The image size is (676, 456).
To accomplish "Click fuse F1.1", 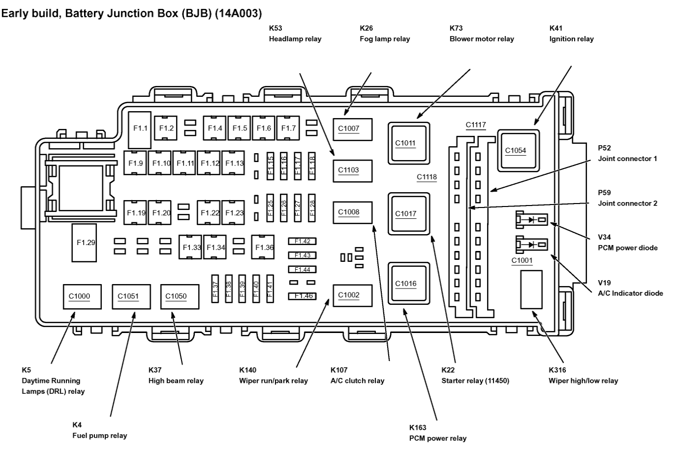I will tap(140, 128).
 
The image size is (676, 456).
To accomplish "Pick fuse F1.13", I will tap(234, 163).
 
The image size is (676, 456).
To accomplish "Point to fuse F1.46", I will tap(302, 296).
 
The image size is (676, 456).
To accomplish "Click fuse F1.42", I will tap(302, 242).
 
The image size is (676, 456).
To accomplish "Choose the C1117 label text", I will tap(476, 125).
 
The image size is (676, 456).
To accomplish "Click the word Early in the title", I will tap(16, 13).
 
